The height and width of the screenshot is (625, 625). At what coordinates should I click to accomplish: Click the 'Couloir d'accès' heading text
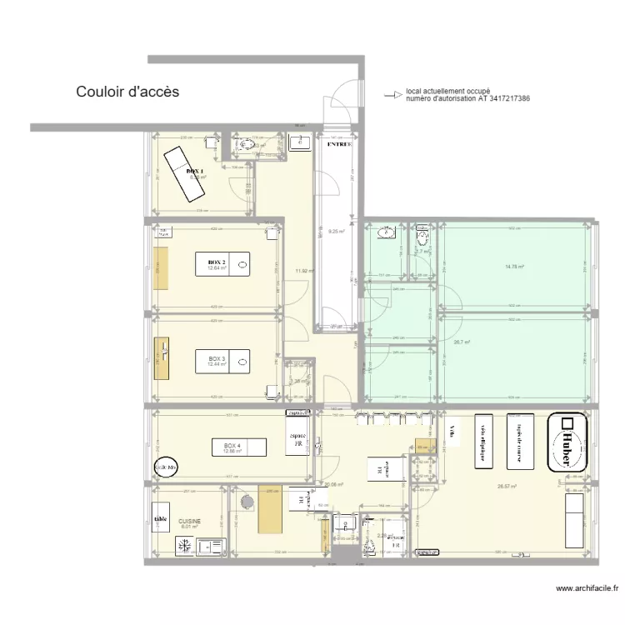pyautogui.click(x=127, y=92)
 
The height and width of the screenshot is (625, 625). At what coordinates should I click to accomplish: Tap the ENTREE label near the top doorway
pyautogui.click(x=338, y=144)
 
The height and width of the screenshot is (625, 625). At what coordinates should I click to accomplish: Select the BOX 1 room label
pyautogui.click(x=195, y=171)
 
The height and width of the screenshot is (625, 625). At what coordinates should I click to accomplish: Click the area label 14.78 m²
pyautogui.click(x=514, y=267)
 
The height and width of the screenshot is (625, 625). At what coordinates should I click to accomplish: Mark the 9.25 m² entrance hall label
pyautogui.click(x=337, y=232)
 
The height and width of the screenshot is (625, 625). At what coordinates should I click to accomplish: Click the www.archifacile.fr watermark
pyautogui.click(x=587, y=588)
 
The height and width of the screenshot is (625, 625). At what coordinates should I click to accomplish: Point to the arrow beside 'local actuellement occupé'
pyautogui.click(x=390, y=95)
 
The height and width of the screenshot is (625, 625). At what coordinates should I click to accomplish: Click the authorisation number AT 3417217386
pyautogui.click(x=492, y=99)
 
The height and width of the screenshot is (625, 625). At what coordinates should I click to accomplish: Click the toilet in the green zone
pyautogui.click(x=422, y=232)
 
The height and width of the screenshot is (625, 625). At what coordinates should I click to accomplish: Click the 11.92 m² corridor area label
pyautogui.click(x=306, y=271)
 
